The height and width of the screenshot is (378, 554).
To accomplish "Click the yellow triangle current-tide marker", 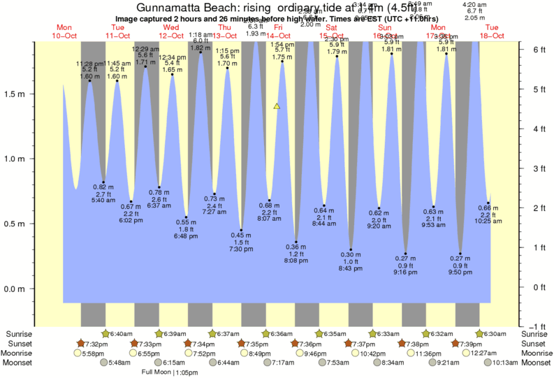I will click(277, 106).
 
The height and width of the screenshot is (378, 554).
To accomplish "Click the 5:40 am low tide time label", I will click(103, 201).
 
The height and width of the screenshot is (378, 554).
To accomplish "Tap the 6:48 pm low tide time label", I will click(186, 237).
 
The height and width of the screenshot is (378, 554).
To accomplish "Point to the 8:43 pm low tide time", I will click(351, 269).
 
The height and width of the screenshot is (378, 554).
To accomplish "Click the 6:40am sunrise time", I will click(121, 334).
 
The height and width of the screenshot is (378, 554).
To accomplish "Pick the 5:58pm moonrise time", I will click(93, 354).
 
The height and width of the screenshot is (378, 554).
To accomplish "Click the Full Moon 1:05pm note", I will click(170, 372).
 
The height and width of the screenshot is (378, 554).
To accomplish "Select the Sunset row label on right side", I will click(535, 344).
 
